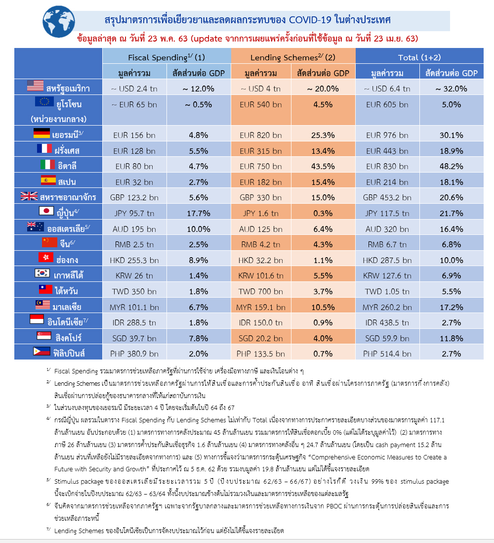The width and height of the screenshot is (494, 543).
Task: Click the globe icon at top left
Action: pos(58,22)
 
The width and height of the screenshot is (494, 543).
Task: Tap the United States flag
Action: pos(35,86)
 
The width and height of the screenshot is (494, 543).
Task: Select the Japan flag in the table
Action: pos(46,211)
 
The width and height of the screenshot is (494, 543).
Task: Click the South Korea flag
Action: pos(42,273)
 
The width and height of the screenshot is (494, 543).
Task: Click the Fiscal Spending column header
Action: pos(166,57)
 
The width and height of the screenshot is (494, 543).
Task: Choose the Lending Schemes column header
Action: pos(292,57)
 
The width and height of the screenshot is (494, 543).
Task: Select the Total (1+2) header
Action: pos(419,57)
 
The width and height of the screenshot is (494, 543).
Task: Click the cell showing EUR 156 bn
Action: pos(134,135)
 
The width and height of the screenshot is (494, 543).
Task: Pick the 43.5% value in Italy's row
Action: pos(323,166)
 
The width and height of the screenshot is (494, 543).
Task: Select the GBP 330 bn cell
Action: pos(260,197)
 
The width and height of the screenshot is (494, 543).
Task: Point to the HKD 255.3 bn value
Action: pos(134,260)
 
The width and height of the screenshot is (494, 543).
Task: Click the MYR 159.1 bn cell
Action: pos(260,307)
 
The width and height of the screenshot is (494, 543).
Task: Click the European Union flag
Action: pos(44,101)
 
